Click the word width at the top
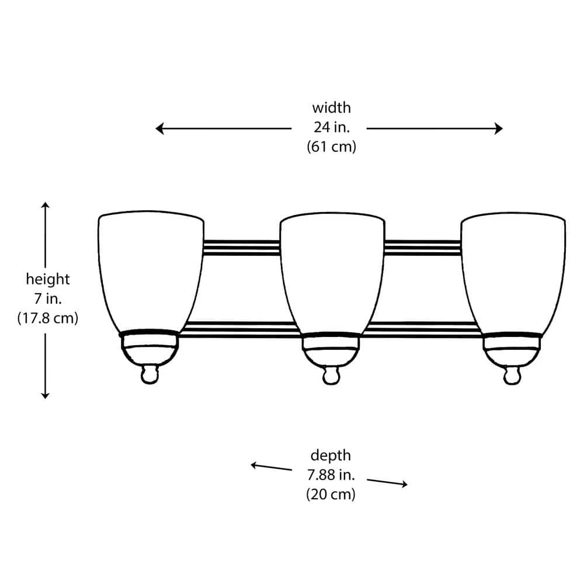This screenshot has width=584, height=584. pyautogui.click(x=331, y=108)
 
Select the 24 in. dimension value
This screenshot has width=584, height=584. pyautogui.click(x=331, y=128)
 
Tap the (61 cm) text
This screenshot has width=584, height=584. pyautogui.click(x=331, y=147)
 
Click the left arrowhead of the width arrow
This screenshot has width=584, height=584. pyautogui.click(x=159, y=128)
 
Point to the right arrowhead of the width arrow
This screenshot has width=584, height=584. pyautogui.click(x=499, y=128)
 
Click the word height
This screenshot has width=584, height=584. pyautogui.click(x=47, y=280)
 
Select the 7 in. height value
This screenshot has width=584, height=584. pyautogui.click(x=47, y=299)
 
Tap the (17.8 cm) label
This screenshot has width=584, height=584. pyautogui.click(x=47, y=319)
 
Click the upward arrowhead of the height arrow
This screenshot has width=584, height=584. pyautogui.click(x=46, y=205)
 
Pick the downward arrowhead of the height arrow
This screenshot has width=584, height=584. pyautogui.click(x=46, y=395)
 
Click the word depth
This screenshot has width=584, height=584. pyautogui.click(x=331, y=455)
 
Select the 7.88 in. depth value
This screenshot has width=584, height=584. pyautogui.click(x=331, y=474)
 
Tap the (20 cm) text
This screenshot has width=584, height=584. pyautogui.click(x=331, y=494)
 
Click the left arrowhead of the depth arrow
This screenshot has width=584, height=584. pyautogui.click(x=254, y=465)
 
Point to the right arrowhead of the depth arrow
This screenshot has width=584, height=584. pyautogui.click(x=404, y=484)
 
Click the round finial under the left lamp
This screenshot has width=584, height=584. pyautogui.click(x=150, y=374)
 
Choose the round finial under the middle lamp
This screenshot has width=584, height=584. pyautogui.click(x=331, y=375)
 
